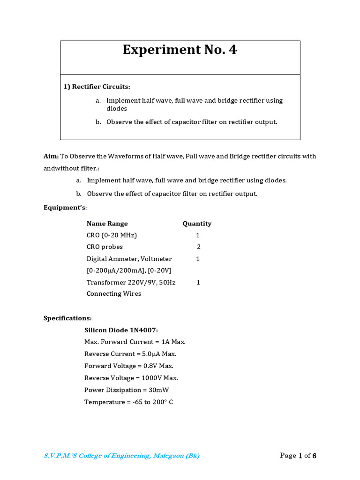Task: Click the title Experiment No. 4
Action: click(180, 50)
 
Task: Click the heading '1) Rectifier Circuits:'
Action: click(97, 87)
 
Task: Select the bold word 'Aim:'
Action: click(51, 156)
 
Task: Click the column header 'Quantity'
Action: click(197, 224)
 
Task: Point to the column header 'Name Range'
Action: click(107, 224)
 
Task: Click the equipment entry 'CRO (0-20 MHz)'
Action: click(112, 235)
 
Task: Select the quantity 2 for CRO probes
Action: click(199, 247)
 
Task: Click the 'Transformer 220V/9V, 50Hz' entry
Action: click(131, 282)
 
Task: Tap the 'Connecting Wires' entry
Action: click(113, 294)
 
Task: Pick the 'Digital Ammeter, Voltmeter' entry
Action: click(129, 259)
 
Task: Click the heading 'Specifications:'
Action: click(67, 318)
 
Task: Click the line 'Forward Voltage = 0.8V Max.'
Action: click(128, 366)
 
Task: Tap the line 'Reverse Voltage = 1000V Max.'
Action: click(131, 378)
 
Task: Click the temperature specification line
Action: click(128, 402)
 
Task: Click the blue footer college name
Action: click(121, 456)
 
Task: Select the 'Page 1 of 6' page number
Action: click(298, 456)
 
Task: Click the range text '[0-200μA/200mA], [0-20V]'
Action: click(128, 270)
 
